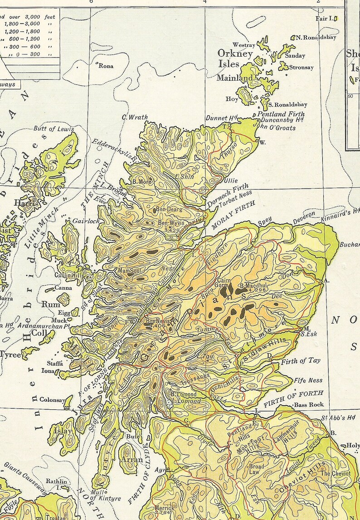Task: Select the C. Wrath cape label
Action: coord(135,117)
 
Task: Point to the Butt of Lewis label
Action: coord(54,129)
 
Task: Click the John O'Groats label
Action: coord(277,128)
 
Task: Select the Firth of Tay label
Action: coord(301,361)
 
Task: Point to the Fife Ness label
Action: coord(308,381)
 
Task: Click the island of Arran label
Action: coord(131,460)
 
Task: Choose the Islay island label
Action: coord(63,431)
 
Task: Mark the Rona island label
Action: coord(106,66)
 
